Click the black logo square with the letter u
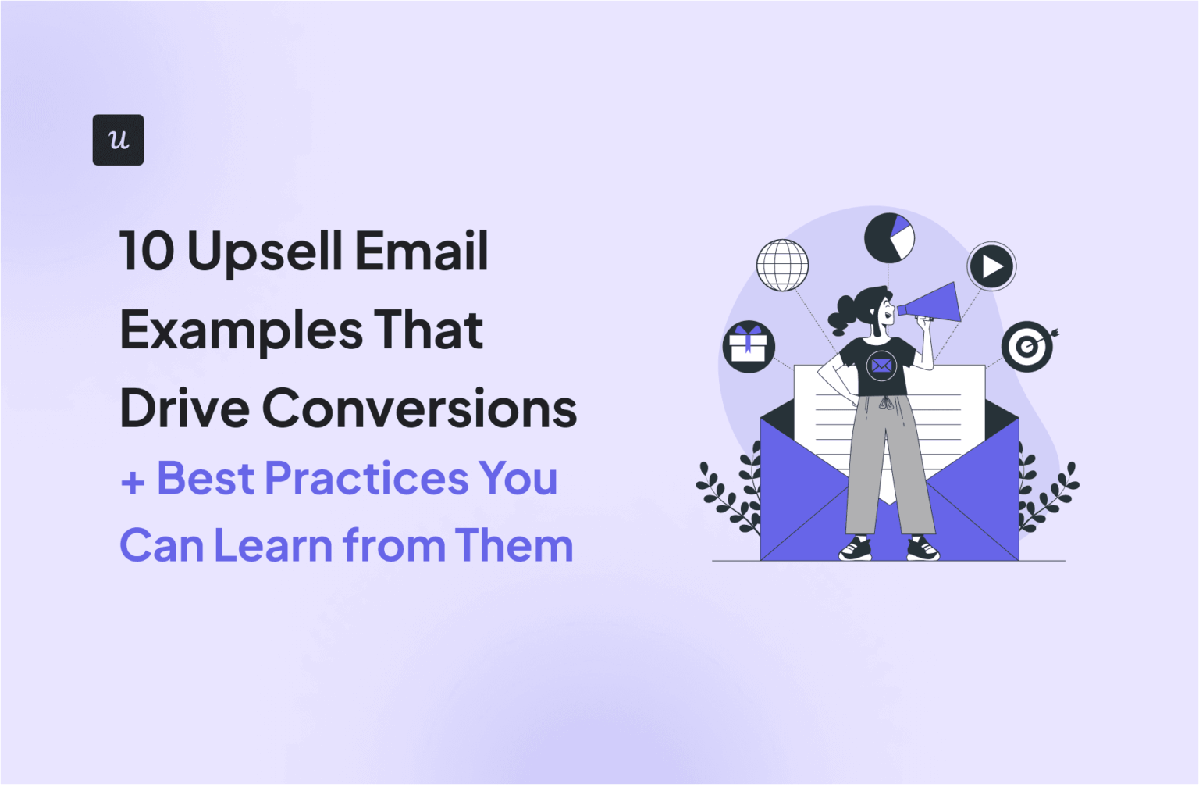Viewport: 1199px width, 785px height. click(x=118, y=140)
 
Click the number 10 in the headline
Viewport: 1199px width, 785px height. click(x=147, y=252)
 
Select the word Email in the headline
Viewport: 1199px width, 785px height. click(x=422, y=252)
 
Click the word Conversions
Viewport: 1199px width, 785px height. click(x=419, y=409)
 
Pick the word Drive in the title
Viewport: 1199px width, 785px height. click(x=184, y=409)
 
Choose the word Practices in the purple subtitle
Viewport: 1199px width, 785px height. click(x=367, y=478)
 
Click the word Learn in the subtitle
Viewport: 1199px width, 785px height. click(x=273, y=545)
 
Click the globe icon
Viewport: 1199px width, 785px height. click(x=782, y=266)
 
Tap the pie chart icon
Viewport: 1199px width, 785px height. click(x=889, y=237)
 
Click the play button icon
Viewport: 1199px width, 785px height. click(x=991, y=266)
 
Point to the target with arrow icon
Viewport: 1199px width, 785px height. click(x=1028, y=346)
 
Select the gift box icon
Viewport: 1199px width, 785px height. click(x=749, y=346)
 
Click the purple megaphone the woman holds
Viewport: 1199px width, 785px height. click(x=933, y=303)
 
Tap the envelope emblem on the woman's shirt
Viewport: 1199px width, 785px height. click(x=881, y=365)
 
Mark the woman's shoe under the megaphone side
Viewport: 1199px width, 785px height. click(x=923, y=549)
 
